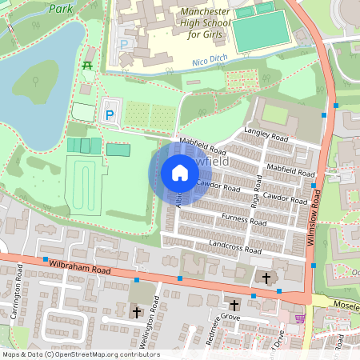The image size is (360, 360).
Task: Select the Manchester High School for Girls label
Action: [x=204, y=24]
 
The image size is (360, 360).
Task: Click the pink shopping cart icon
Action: [x=300, y=318]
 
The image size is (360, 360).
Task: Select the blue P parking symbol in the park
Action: [x=110, y=115]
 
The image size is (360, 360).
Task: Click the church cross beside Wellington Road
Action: [x=136, y=312]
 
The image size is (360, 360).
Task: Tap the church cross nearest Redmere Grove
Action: [x=234, y=306]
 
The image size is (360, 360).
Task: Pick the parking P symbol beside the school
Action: [x=123, y=43]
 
